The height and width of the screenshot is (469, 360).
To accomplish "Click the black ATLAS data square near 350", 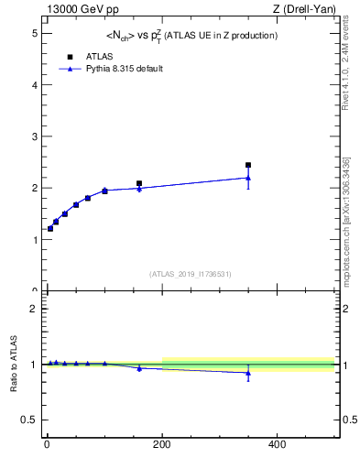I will click(x=248, y=166).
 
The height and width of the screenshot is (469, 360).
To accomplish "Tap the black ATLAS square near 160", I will click(x=139, y=184).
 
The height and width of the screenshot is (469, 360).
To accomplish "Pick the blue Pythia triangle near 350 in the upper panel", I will click(x=248, y=178).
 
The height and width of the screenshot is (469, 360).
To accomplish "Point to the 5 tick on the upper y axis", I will click(x=36, y=33).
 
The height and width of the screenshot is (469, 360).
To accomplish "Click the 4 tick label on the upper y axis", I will click(x=36, y=84).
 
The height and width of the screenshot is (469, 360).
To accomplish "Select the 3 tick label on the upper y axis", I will click(x=36, y=136).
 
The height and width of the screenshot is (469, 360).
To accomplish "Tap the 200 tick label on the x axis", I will click(x=162, y=445).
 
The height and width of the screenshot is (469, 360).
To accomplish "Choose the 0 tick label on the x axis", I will click(x=48, y=445).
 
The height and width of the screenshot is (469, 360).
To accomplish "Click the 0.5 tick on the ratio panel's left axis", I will click(x=31, y=420).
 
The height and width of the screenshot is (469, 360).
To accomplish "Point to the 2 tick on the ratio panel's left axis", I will click(x=36, y=309).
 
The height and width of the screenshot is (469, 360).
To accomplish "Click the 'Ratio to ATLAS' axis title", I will click(x=12, y=364).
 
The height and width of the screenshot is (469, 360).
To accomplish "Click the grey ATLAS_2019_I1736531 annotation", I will click(x=191, y=274).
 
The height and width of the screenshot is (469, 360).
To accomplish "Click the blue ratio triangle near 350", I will click(x=248, y=373).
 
